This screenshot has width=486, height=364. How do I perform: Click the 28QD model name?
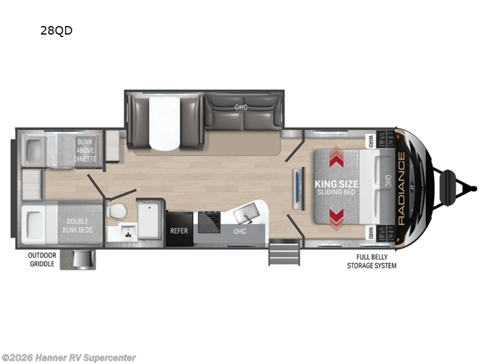[x=56, y=30]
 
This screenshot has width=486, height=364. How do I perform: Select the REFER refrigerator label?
[x=179, y=231]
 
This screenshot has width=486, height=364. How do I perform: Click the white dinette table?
[x=164, y=123]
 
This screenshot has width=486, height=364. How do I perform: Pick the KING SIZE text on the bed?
[x=337, y=184]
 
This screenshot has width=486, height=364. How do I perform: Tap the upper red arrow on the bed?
[x=337, y=157]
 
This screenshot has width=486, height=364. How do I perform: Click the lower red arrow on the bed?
[x=337, y=219]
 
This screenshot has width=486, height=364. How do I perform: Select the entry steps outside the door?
[x=284, y=252]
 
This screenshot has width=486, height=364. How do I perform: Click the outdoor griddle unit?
[x=82, y=259]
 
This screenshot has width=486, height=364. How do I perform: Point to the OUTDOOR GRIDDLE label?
[x=42, y=260]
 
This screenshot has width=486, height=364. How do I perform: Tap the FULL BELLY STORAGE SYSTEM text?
[x=372, y=261]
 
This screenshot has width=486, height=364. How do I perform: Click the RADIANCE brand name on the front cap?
[x=401, y=189]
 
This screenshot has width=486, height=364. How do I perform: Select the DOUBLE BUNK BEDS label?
[x=77, y=226]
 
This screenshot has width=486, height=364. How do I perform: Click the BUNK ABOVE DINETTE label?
[x=85, y=150]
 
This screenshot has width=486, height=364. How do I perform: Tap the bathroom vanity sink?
[x=128, y=231]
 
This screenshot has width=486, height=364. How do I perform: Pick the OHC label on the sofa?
[x=241, y=107]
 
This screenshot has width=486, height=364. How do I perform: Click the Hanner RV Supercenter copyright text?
[x=69, y=358]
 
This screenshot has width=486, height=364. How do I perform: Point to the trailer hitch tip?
[x=474, y=188]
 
